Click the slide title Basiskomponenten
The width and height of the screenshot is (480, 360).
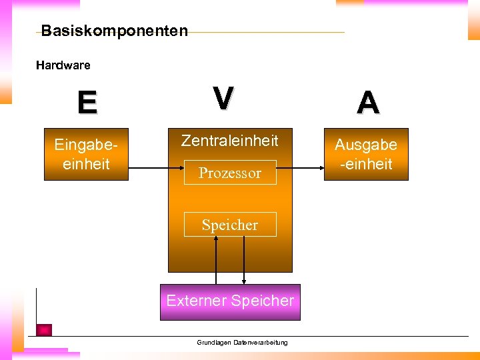click(115, 31)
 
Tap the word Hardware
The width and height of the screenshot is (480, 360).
click(63, 65)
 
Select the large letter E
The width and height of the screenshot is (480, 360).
click(87, 103)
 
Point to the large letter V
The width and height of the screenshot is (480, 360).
click(223, 99)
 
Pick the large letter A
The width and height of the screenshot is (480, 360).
click(368, 103)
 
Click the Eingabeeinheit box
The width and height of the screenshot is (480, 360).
click(86, 154)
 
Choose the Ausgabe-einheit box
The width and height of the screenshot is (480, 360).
click(365, 154)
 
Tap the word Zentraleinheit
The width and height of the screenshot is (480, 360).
click(230, 141)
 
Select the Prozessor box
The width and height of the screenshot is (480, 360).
click(230, 173)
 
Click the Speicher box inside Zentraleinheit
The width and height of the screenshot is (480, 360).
click(230, 225)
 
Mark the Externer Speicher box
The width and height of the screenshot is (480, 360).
click(230, 301)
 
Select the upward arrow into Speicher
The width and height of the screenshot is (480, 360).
click(216, 260)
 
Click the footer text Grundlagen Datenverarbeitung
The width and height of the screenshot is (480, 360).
click(242, 343)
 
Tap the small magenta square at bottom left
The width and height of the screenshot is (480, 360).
click(44, 329)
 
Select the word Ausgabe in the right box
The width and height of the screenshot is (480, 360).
click(365, 145)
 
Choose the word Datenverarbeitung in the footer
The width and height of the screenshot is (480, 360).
click(261, 343)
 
